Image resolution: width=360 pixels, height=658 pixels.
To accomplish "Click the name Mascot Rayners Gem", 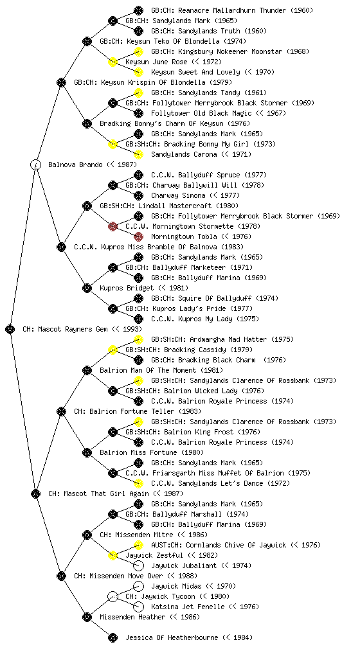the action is (x=72, y=330).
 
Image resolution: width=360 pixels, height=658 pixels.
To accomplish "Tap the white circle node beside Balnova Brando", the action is (x=36, y=164).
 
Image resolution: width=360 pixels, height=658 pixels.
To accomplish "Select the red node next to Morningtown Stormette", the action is (x=113, y=227).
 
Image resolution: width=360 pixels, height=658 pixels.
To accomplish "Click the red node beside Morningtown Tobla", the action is (x=138, y=236).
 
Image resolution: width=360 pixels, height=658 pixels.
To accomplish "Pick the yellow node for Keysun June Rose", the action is (x=113, y=62).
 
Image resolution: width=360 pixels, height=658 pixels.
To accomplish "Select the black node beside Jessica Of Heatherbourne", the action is (x=113, y=638).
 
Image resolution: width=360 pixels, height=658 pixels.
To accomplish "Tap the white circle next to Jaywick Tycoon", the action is (x=113, y=597).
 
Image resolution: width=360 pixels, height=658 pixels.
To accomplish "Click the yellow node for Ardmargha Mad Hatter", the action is (x=138, y=339).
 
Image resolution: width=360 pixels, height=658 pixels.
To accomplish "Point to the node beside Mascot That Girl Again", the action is (x=36, y=494).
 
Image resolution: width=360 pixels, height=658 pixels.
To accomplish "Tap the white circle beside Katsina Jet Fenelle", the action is (x=138, y=607).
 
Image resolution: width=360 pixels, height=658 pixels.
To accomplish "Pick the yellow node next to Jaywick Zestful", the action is (x=113, y=556).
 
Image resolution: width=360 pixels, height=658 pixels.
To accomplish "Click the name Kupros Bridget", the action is (x=127, y=289).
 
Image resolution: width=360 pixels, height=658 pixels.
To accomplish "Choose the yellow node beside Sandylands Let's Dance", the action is (x=138, y=483).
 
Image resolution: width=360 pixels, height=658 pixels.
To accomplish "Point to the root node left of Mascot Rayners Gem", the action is (x=10, y=330).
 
